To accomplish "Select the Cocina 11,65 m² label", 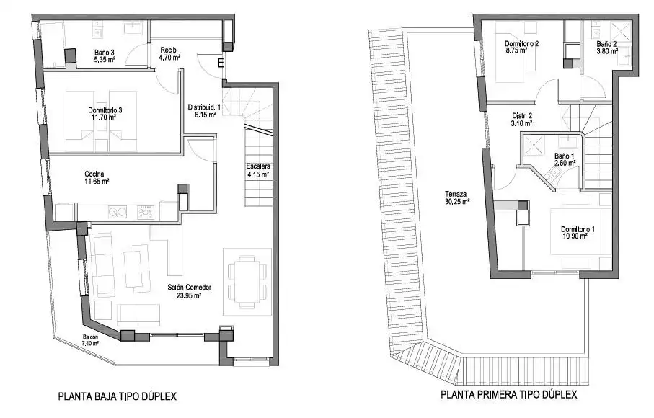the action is pos(97,177).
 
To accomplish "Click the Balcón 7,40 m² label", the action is pos(91,340).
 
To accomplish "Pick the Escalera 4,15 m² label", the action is pos(258,171).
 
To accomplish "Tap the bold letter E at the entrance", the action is pos(220,63).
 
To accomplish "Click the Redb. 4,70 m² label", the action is pos(169,54).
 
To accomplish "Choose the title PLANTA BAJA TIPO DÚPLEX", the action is pos(118,396).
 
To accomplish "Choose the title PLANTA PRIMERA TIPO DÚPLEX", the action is pos(509,394).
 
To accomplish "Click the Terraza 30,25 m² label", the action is pos(457,197).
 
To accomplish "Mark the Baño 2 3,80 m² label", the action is pos(607,48).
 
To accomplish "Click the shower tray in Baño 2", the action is pos(621,32).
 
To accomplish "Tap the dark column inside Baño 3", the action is pos(71,56).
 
